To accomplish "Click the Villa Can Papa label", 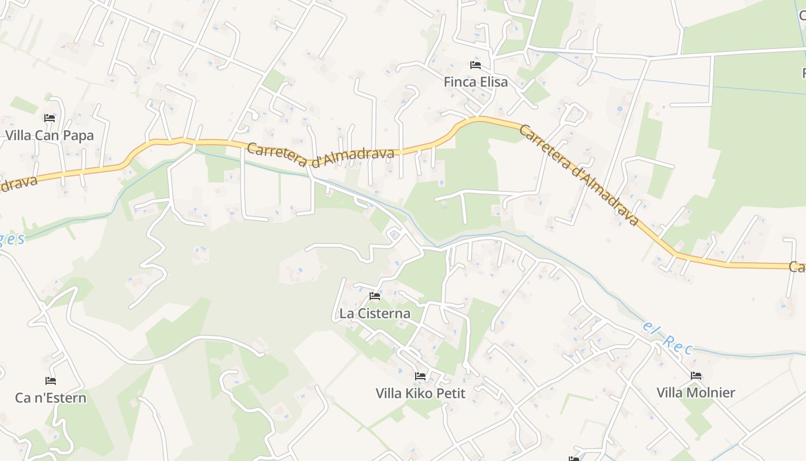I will point(50,136).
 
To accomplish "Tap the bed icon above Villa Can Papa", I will point(50,118).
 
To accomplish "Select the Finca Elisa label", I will point(476,82).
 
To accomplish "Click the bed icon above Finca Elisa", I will point(476,65).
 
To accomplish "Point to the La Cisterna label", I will point(375,313).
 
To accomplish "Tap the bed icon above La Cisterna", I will point(375,296).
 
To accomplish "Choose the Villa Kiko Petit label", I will point(420,393).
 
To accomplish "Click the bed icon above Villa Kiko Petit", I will point(420,376).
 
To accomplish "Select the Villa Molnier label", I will point(696,392).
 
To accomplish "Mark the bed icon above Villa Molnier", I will point(696,376).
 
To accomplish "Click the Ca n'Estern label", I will point(51,398).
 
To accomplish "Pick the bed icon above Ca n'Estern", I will point(51,381).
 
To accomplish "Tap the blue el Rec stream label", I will point(668,338).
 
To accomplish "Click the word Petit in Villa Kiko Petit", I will point(448,393).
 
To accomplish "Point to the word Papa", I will point(78,136).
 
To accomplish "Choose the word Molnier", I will point(712,392).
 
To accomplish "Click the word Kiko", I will point(419,393).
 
